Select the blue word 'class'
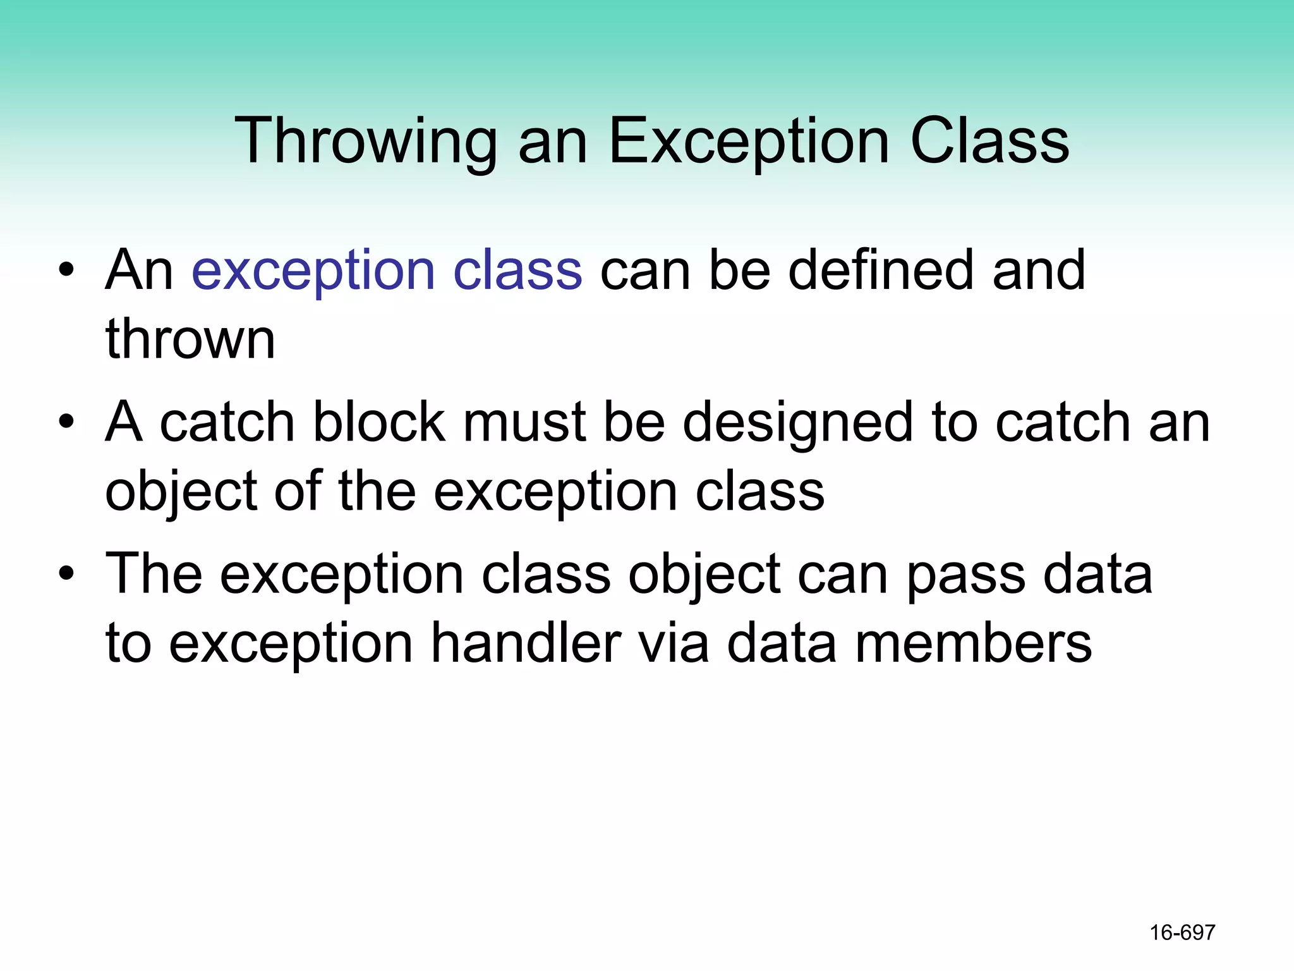point(517,270)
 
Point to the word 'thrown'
point(190,339)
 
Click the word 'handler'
point(526,643)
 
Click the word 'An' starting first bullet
point(140,270)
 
